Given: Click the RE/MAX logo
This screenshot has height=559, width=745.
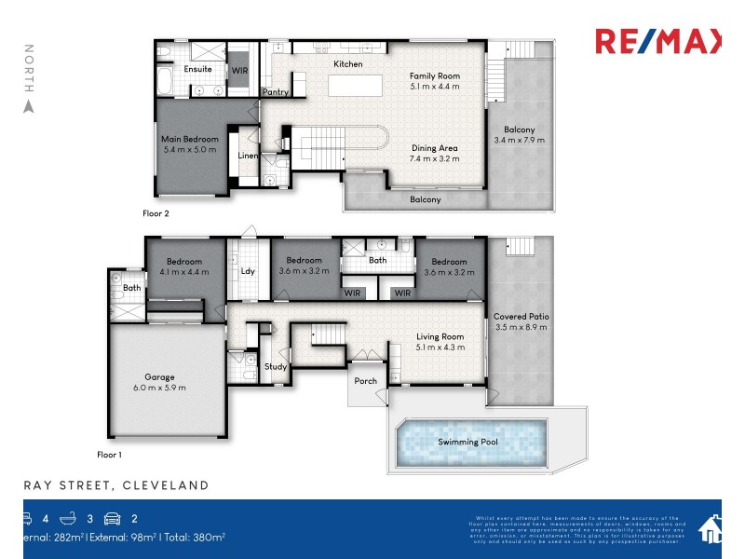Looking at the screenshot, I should pos(657,42).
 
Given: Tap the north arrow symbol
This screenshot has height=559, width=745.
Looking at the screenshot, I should pos(28,106).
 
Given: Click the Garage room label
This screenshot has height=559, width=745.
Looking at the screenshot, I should pos(159,377).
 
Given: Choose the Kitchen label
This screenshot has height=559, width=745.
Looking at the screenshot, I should pos(348,63).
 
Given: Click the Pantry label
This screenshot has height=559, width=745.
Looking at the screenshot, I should pos(275,92).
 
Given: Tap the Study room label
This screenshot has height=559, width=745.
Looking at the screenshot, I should pos(275,366).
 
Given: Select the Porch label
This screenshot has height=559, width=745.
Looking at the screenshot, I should pos(366,380).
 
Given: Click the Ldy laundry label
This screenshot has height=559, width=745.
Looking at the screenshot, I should pos(248,271).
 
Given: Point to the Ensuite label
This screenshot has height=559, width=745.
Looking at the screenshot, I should pos(198,69).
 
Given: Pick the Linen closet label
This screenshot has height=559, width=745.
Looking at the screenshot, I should pos(248,156).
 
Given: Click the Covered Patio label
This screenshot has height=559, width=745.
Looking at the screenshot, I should pos(521,317).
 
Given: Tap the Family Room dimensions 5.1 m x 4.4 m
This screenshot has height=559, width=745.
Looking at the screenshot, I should pos(435,87).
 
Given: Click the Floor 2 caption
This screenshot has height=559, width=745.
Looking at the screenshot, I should pos(156,213).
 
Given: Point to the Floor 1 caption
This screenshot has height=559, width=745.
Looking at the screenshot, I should pos(109,455).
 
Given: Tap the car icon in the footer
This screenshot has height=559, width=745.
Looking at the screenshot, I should pos(112,519).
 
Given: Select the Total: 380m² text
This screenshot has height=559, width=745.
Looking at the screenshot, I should pos(192,537).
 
